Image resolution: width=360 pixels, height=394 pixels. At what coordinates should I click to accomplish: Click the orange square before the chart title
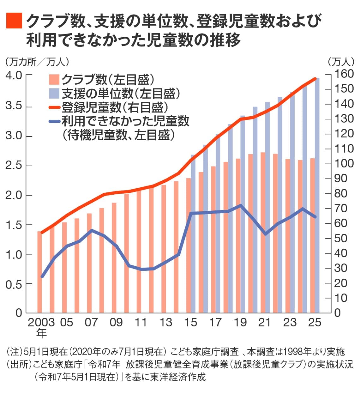(14, 21)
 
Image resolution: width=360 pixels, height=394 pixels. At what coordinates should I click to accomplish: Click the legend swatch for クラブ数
(54, 79)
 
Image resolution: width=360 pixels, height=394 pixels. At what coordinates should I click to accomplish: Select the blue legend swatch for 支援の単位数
(54, 93)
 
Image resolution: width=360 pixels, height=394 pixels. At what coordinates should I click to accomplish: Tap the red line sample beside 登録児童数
(54, 107)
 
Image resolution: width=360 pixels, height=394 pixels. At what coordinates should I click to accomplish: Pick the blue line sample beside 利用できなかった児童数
(54, 121)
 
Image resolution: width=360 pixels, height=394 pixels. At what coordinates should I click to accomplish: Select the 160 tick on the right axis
(344, 74)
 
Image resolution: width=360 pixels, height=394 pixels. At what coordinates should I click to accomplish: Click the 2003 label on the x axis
(41, 323)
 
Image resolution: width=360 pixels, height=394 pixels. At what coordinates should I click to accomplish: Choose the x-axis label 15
(190, 323)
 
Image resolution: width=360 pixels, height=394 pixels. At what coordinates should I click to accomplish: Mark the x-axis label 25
(315, 323)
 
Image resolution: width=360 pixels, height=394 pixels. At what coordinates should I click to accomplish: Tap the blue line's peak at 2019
(241, 205)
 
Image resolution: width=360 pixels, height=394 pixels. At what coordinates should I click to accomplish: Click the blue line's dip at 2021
(265, 234)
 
